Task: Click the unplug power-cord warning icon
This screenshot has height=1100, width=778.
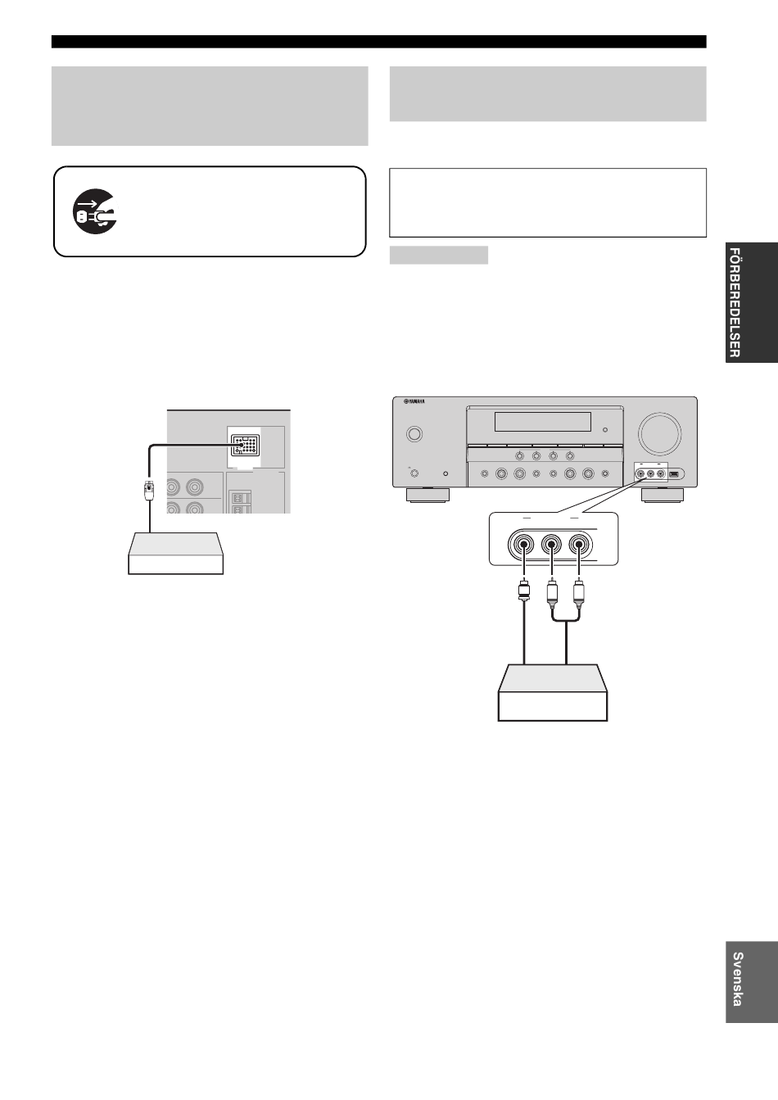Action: pos(95,211)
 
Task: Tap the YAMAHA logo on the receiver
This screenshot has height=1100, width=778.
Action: pos(414,401)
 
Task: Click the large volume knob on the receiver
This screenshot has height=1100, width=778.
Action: pos(659,433)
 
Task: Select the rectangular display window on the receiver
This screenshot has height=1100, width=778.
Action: pos(542,422)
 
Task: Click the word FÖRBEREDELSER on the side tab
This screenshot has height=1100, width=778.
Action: pos(735,302)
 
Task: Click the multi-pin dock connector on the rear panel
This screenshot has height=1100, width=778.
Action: pos(245,445)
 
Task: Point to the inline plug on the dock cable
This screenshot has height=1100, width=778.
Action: pos(149,491)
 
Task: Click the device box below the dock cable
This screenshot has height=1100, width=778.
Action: pos(176,553)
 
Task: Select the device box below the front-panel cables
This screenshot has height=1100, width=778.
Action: pos(553,692)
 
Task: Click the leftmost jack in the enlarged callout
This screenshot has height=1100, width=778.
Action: pos(523,545)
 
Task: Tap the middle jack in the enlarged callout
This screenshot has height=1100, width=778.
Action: pos(552,545)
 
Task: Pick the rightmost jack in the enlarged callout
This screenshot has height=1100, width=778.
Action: pos(580,545)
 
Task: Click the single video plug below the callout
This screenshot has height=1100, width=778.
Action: pos(524,591)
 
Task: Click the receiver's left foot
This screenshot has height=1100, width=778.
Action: pos(427,495)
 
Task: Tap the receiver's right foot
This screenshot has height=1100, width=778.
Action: pos(663,495)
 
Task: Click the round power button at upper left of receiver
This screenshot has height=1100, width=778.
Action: pos(414,433)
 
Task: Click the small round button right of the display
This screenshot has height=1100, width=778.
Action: pos(604,430)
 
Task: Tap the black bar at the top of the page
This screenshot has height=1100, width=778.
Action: pos(379,42)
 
